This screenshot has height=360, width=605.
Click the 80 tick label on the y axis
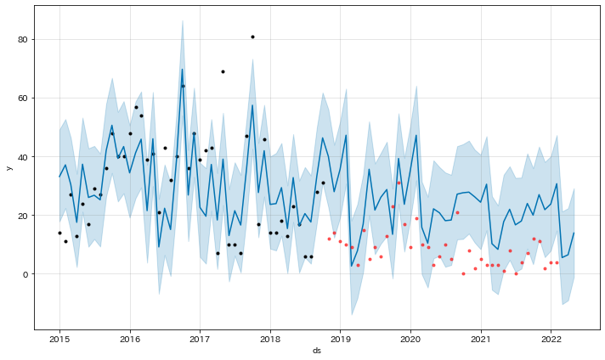(24, 40)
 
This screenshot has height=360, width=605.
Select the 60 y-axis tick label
(24, 98)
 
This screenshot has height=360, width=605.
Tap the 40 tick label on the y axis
(24, 157)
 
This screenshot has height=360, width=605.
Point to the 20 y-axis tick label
(24, 216)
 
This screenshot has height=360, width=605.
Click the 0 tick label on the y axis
(26, 274)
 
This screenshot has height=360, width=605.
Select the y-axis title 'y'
(9, 167)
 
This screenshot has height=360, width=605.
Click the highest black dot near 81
(252, 37)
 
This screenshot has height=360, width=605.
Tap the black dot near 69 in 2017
(223, 71)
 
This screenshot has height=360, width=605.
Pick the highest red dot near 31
(399, 183)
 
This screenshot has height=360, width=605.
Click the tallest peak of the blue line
(182, 70)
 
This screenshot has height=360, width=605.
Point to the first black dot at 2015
(59, 233)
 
